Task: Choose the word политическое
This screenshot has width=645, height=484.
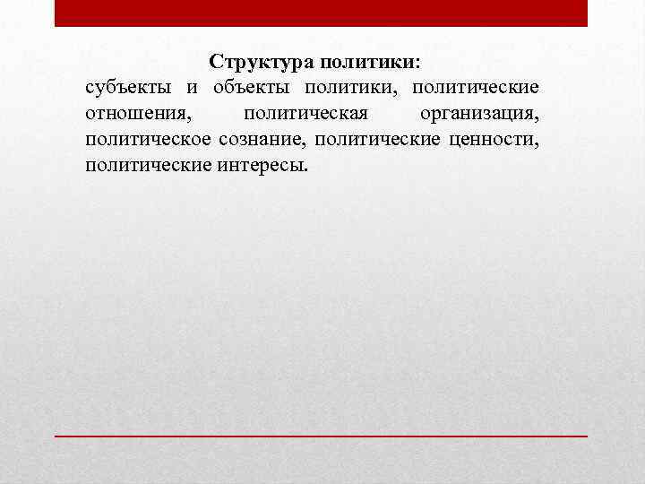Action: coord(149,141)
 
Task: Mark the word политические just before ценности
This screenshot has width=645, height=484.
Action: coord(376,141)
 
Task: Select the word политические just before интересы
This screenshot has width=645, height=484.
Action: coord(149,166)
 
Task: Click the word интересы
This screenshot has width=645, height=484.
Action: coord(260,166)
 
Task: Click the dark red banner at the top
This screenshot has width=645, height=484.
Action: coord(322,13)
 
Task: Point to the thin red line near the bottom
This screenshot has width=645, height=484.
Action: coord(322,435)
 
